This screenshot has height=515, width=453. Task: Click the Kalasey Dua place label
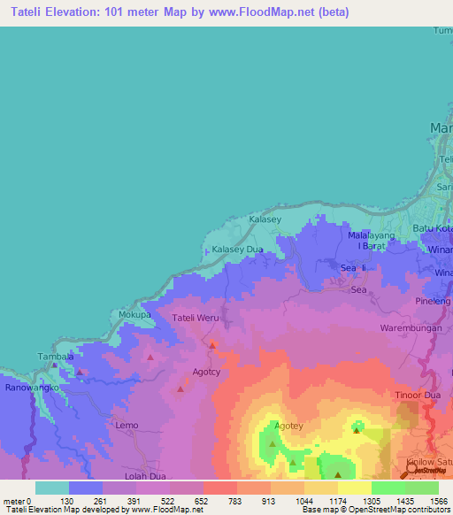[236, 250]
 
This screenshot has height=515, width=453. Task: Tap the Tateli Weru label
[195, 318]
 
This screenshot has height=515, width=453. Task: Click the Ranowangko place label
[32, 388]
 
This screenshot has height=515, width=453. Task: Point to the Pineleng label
[434, 301]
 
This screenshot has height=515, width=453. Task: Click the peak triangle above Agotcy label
[212, 344]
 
